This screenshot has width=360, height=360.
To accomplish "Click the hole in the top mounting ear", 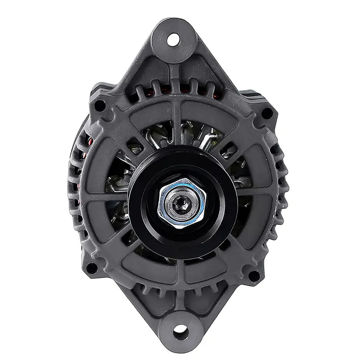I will pos(173,40).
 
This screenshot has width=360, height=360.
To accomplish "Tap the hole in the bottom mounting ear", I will pos(181,332).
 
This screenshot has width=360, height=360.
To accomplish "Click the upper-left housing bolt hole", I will pos(99,106).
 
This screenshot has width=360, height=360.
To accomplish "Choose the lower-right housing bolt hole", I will pos(254,275).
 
